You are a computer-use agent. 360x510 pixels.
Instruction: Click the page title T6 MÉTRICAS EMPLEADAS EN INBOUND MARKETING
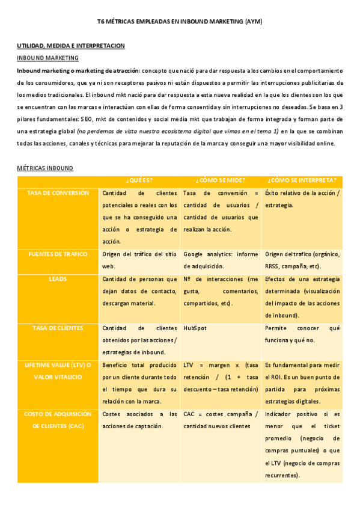180,21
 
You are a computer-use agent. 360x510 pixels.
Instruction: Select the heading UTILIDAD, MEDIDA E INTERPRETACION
70,46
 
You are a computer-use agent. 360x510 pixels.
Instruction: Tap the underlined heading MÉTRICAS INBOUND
44,168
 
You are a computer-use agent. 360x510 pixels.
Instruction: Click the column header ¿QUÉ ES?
139,180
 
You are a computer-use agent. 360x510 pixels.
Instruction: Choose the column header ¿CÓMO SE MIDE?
221,180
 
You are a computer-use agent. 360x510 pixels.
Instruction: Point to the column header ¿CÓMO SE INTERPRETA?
302,180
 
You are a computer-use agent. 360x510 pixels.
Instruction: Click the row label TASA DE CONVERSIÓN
58,193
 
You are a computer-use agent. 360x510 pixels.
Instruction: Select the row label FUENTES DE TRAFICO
58,254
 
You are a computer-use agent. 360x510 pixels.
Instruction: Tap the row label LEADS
58,279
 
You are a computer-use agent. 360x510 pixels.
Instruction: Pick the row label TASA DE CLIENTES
58,328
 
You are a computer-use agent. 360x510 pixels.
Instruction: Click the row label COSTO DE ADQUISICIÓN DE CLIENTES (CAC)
58,420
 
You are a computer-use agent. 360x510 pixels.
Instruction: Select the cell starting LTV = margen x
221,377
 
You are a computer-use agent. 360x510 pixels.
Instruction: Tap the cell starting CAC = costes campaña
221,420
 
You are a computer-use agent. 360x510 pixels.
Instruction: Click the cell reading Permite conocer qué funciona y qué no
302,334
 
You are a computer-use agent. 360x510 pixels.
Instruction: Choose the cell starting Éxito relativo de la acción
302,199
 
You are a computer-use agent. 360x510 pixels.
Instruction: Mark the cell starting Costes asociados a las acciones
139,420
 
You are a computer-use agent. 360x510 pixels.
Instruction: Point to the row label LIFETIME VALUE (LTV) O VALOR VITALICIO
58,371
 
